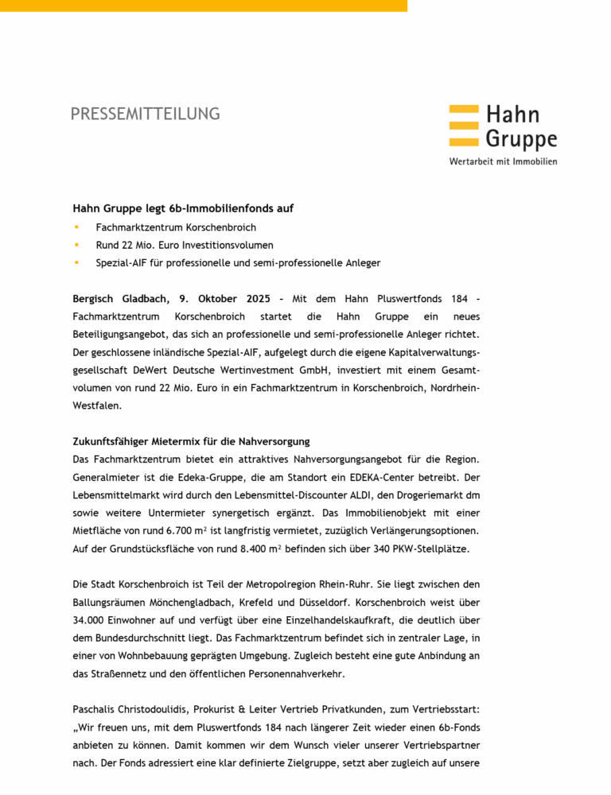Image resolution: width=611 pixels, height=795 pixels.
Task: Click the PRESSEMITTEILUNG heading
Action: (145, 114)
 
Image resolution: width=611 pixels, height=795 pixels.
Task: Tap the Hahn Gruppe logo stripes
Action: (464, 127)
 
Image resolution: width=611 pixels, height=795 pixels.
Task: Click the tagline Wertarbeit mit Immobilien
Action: (503, 161)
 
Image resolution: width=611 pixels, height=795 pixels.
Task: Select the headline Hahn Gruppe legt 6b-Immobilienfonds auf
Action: (183, 208)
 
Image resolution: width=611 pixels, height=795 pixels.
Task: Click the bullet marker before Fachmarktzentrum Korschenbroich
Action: (76, 228)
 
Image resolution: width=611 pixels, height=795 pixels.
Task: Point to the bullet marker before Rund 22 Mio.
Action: (76, 245)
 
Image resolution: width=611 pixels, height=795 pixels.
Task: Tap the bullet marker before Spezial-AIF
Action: (76, 262)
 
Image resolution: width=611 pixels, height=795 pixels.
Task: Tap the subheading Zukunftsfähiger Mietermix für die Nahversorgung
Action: (191, 441)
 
